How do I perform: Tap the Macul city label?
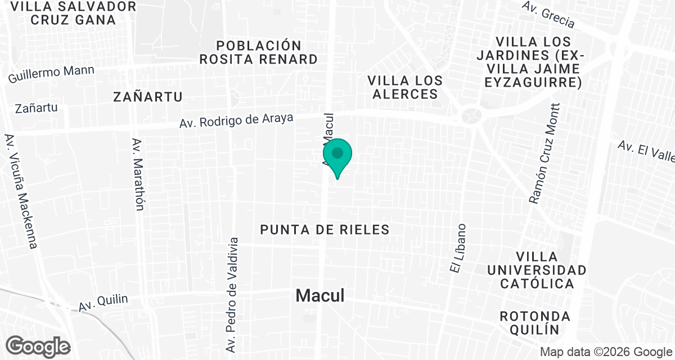click(320, 295)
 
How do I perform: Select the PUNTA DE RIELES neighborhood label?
click(325, 229)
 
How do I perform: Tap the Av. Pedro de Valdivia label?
click(233, 295)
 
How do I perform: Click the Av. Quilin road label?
click(103, 303)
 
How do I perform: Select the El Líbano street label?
click(458, 249)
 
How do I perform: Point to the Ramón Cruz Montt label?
click(544, 154)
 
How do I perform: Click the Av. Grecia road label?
click(548, 14)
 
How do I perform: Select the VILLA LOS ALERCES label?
click(404, 87)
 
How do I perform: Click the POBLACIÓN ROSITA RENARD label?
click(259, 52)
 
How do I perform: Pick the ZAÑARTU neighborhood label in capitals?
click(148, 97)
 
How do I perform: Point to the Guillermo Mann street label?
click(51, 74)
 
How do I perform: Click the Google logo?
click(39, 346)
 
